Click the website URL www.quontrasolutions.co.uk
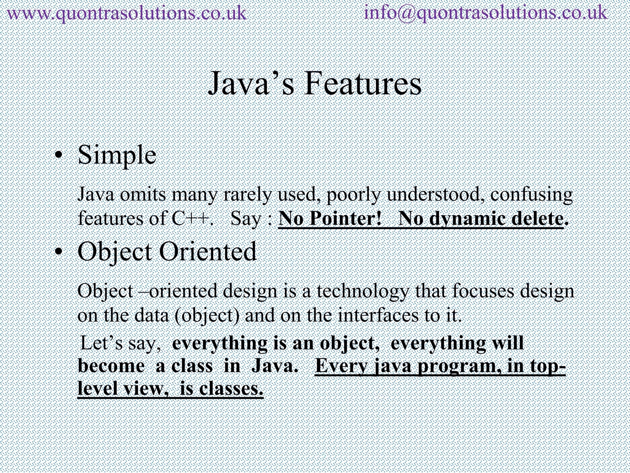coord(126,14)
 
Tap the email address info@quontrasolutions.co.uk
coord(485,14)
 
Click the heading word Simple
coord(117,155)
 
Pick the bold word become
coord(111,366)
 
